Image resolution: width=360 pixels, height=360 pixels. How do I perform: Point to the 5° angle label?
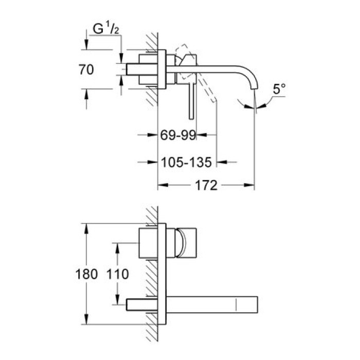(279, 89)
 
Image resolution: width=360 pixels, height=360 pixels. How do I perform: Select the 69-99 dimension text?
(178, 135)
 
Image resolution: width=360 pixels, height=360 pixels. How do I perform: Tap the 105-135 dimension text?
(186, 163)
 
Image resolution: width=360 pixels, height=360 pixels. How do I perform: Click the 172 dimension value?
(206, 185)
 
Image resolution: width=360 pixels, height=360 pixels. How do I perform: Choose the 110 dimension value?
(118, 274)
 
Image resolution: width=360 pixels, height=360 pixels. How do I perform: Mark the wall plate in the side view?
(163, 69)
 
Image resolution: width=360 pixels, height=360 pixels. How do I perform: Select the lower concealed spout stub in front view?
(140, 303)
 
